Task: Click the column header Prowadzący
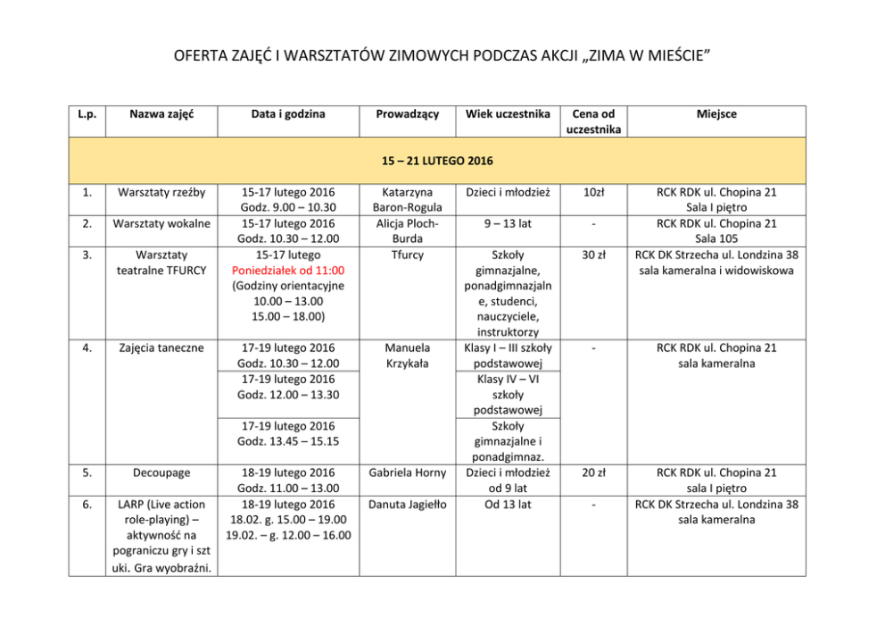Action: pyautogui.click(x=407, y=114)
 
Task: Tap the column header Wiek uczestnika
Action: pyautogui.click(x=507, y=114)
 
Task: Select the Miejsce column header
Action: pyautogui.click(x=716, y=114)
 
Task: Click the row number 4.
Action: pyautogui.click(x=87, y=347)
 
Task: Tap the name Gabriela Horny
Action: pyautogui.click(x=407, y=472)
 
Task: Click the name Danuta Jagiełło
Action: pyautogui.click(x=407, y=504)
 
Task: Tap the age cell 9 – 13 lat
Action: pyautogui.click(x=507, y=223)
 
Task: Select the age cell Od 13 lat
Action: pyautogui.click(x=507, y=504)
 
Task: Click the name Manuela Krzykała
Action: pyautogui.click(x=407, y=355)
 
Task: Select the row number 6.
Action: pyautogui.click(x=87, y=504)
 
